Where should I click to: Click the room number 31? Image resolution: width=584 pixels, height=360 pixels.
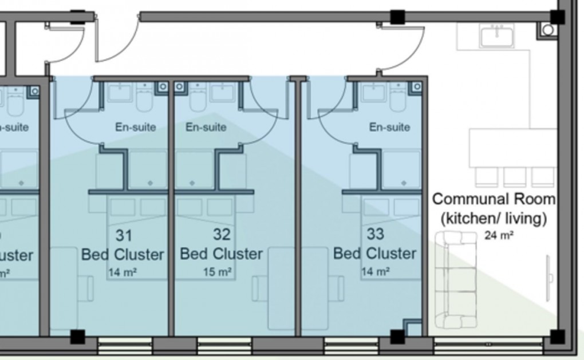[x=124, y=235]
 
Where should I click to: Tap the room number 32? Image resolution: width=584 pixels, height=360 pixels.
[x=222, y=234]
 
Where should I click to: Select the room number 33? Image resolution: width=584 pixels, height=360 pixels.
[x=375, y=234]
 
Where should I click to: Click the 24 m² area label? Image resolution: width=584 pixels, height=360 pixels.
[x=499, y=235]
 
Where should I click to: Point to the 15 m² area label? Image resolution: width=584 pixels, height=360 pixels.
[x=218, y=272]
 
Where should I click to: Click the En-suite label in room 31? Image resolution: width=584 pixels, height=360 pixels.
[x=135, y=127]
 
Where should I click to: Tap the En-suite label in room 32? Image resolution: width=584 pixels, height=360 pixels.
[x=206, y=127]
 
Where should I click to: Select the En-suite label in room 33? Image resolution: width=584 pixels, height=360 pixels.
[x=389, y=127]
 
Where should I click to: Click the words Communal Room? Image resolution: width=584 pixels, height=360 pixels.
[x=494, y=199]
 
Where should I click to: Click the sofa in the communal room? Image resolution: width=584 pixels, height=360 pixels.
[x=455, y=280]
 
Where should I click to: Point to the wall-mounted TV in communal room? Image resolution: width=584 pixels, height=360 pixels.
[x=549, y=278]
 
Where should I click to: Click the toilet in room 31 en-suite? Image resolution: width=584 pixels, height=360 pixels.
[x=144, y=100]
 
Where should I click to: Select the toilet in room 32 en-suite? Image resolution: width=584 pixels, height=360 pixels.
[x=198, y=100]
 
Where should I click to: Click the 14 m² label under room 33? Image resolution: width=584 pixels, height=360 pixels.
[x=376, y=271]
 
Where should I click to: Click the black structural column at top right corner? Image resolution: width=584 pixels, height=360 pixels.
[x=557, y=17]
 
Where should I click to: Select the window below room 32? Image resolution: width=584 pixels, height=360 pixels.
[x=224, y=345]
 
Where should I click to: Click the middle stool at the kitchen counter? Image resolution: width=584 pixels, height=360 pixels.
[x=514, y=176]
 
